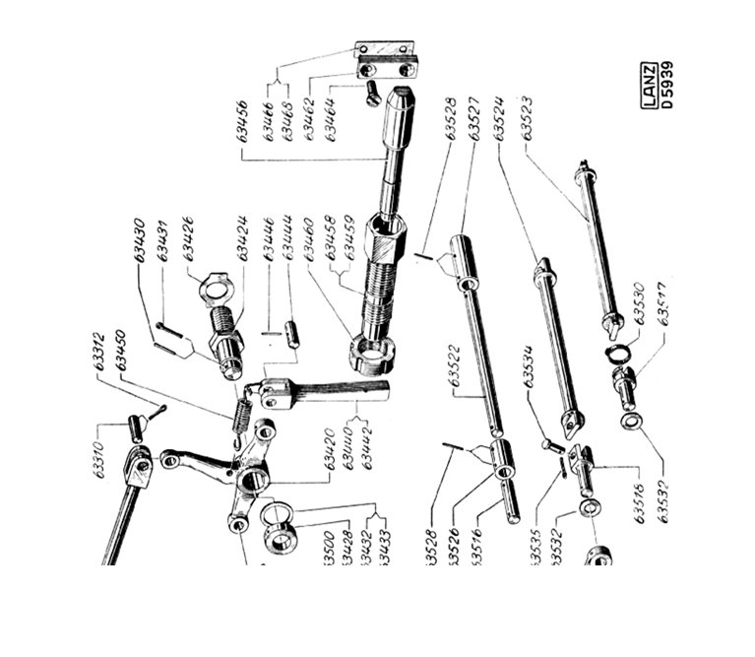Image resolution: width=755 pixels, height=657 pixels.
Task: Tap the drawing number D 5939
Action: pos(668,87)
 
